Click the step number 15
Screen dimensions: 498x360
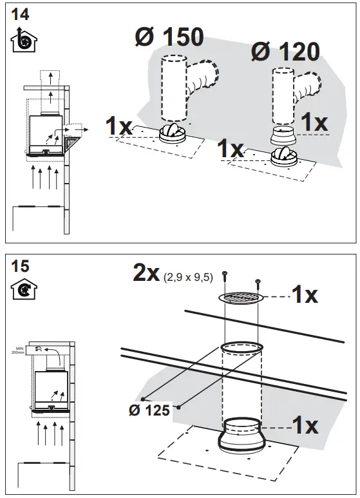tap(20, 265)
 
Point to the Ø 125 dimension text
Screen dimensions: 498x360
tap(150, 410)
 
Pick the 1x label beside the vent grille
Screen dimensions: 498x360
tap(304, 295)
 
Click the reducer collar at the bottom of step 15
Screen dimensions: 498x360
tap(242, 436)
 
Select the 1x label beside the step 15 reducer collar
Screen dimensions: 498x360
tap(304, 425)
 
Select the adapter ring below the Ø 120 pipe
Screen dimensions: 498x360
tap(283, 136)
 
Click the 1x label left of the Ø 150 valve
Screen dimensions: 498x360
tap(119, 126)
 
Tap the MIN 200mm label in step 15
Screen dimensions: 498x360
tap(32, 350)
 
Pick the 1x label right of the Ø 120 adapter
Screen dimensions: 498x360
tap(314, 122)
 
